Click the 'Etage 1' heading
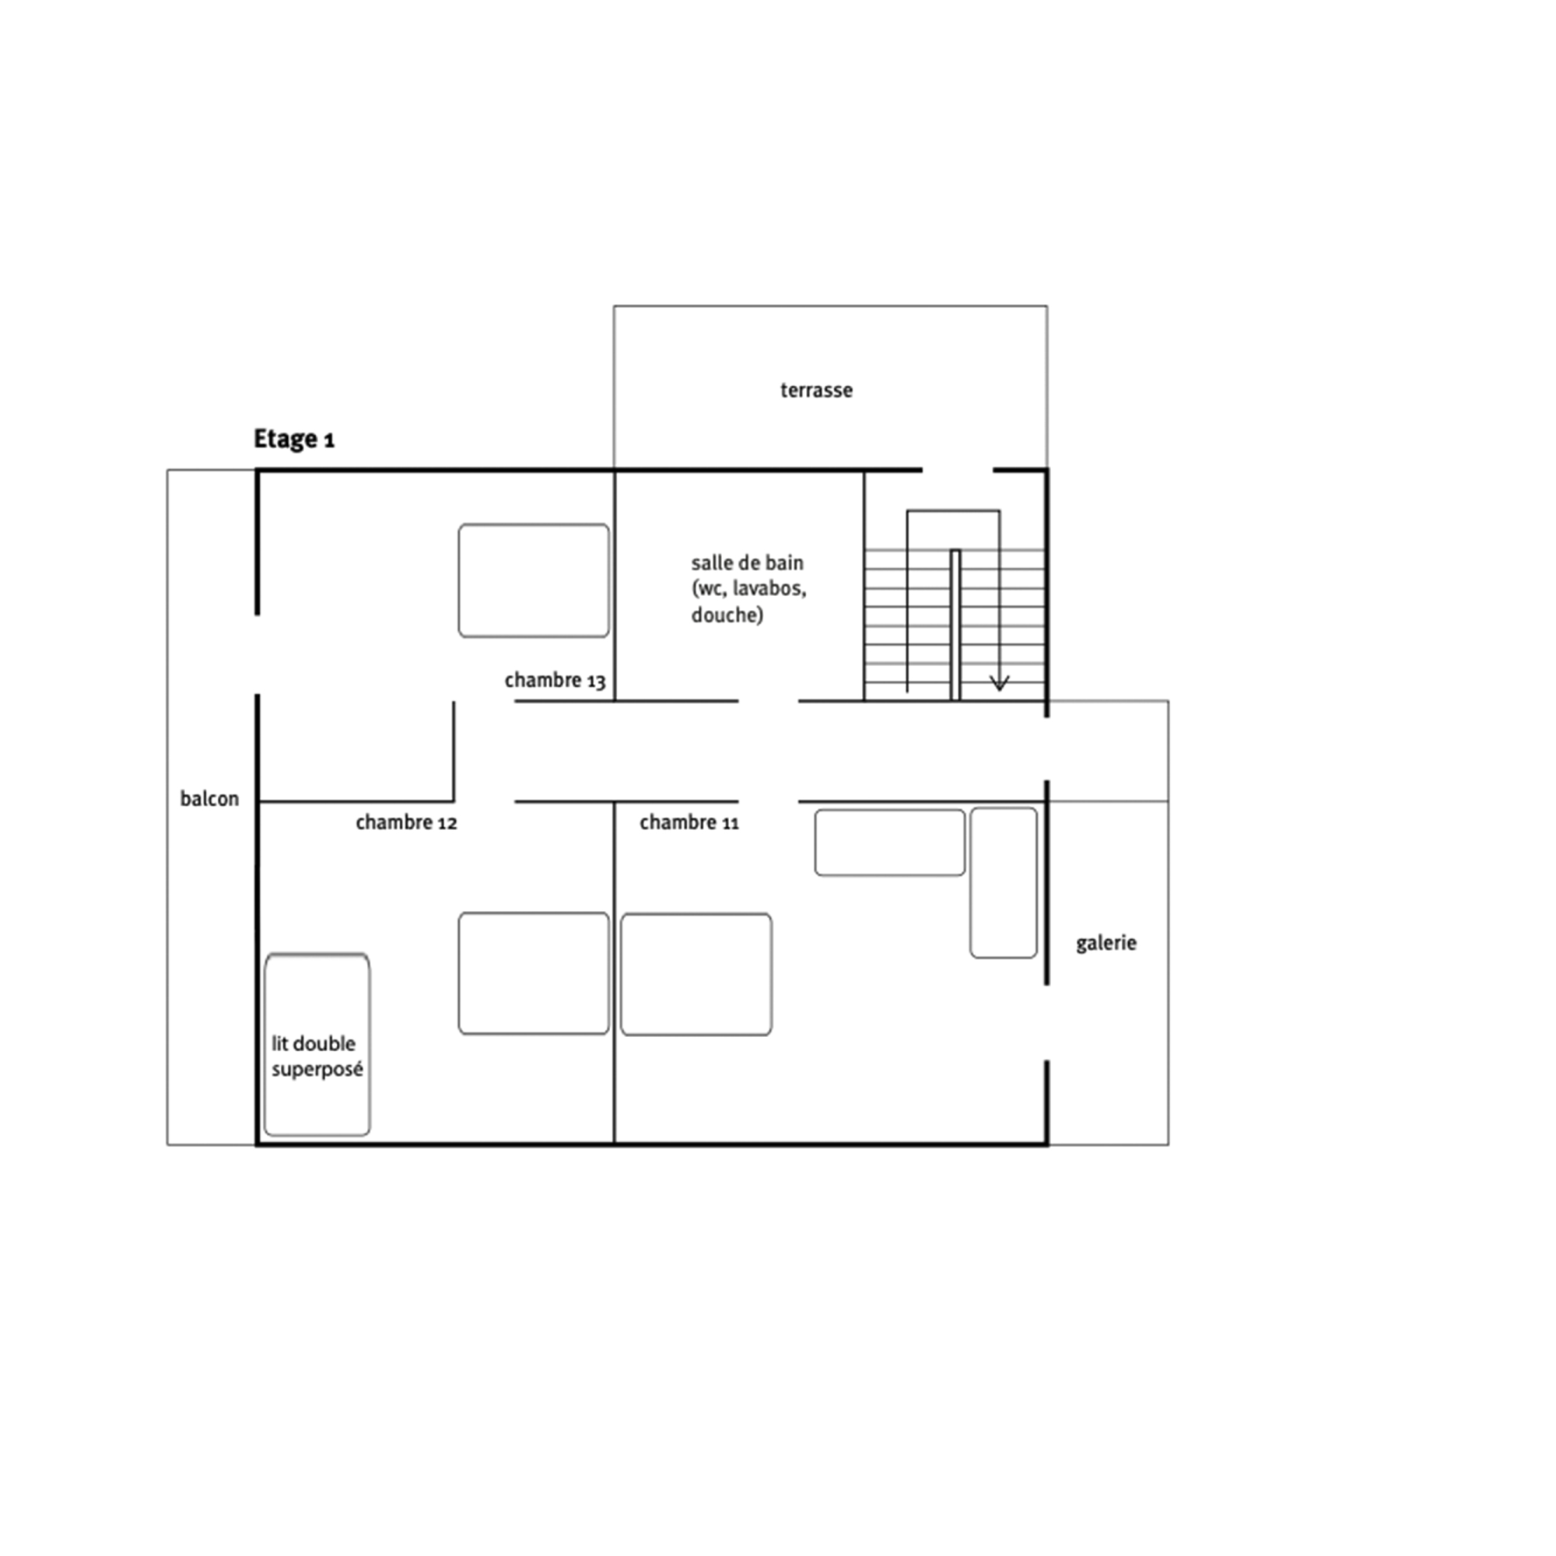tap(294, 440)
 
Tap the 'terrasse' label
tap(816, 391)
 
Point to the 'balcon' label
tap(209, 799)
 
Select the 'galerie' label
tap(1106, 943)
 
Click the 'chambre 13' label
tap(555, 682)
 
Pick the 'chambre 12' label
tap(406, 823)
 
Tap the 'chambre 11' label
tap(689, 823)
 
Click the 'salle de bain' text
tap(747, 563)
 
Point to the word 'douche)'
tap(727, 615)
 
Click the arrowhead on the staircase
tap(999, 683)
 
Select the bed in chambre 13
tap(534, 580)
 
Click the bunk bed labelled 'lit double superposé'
tap(317, 1045)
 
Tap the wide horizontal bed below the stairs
tap(890, 843)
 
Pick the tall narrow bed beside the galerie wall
tap(1004, 884)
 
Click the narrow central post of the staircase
tap(955, 625)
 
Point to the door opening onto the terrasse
tap(958, 470)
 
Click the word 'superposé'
tap(317, 1071)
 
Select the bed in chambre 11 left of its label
tap(696, 975)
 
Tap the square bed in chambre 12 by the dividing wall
tap(534, 974)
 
